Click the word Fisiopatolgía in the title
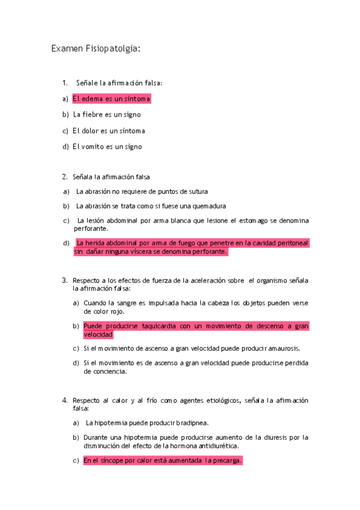tap(114, 49)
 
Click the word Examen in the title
tap(68, 49)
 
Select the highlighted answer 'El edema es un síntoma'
tap(111, 98)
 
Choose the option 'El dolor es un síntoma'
tap(109, 131)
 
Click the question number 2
tap(64, 177)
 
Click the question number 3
tap(64, 280)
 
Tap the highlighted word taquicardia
tap(155, 326)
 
